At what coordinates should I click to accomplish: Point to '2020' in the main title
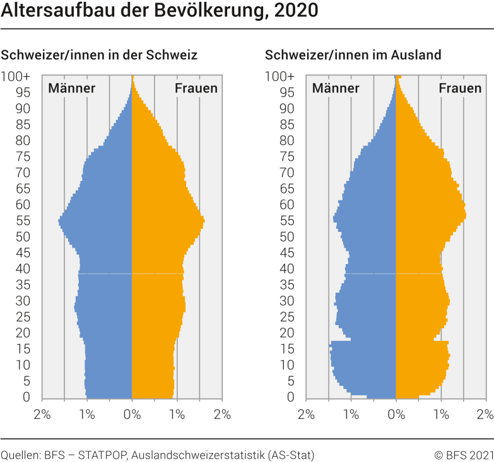point(297,11)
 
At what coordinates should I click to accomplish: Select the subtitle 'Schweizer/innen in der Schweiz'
point(99,55)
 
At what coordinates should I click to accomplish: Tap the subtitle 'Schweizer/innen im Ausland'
point(353,55)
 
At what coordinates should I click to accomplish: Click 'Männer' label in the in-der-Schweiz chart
point(71,88)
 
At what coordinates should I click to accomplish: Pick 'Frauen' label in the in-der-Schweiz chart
point(196,88)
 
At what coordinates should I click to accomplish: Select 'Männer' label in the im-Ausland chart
point(336,88)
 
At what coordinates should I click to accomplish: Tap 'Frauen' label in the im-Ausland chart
point(460,88)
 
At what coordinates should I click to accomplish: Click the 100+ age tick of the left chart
point(15,76)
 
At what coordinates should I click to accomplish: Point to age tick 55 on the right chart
point(287,221)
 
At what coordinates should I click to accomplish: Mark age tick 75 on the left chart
point(23,156)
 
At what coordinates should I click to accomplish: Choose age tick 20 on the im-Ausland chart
point(287,333)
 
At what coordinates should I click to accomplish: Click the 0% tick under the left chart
point(132,415)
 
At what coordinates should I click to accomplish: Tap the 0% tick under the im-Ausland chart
point(396,415)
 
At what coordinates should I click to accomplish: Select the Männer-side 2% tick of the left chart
point(42,415)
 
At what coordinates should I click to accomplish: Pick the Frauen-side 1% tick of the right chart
point(441,415)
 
